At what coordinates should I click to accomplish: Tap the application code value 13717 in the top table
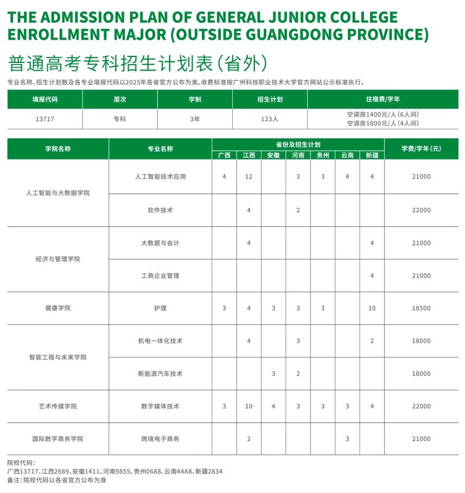[x=44, y=119]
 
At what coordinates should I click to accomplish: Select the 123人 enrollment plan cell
[x=270, y=119]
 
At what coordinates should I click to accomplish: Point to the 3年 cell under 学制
[x=195, y=119]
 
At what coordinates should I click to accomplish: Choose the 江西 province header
[x=249, y=155]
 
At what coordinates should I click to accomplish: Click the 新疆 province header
[x=372, y=155]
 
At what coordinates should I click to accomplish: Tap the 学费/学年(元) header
[x=421, y=149]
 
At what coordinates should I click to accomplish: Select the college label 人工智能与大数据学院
[x=58, y=193]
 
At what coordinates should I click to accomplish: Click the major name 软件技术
[x=160, y=210]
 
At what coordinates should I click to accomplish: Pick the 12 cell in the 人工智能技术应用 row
[x=249, y=176]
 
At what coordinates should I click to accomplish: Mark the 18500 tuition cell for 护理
[x=421, y=308]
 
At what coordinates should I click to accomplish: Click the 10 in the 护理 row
[x=372, y=308]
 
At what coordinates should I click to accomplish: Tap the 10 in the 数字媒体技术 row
[x=249, y=406]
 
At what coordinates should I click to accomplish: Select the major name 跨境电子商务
[x=160, y=439]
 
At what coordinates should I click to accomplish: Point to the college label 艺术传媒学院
[x=58, y=406]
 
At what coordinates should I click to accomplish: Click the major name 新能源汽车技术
[x=160, y=374]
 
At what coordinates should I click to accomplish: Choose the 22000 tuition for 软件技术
[x=421, y=210]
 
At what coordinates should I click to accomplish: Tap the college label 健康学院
[x=58, y=308]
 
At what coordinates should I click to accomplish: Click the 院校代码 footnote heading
[x=21, y=463]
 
